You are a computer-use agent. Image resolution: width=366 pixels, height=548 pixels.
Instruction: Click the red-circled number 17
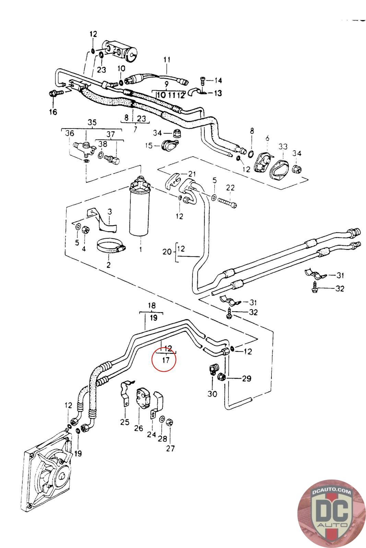pos(166,360)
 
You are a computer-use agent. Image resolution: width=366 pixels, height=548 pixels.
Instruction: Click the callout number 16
pos(53,112)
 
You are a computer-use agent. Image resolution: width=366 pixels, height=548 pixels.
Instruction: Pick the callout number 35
pos(92,123)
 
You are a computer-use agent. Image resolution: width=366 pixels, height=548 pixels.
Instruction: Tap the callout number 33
pos(283,147)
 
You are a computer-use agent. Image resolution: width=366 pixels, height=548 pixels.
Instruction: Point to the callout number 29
pos(246,378)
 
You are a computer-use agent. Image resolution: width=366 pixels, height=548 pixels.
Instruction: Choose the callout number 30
pos(212,394)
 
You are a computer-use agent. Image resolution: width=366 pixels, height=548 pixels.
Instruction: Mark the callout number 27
pos(170,448)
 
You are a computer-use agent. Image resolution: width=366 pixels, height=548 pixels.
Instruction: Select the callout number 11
pos(167,60)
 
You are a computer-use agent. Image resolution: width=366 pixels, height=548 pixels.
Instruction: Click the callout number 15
pos(149,146)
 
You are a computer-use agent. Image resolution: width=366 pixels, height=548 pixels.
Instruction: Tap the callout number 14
pos(218,80)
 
